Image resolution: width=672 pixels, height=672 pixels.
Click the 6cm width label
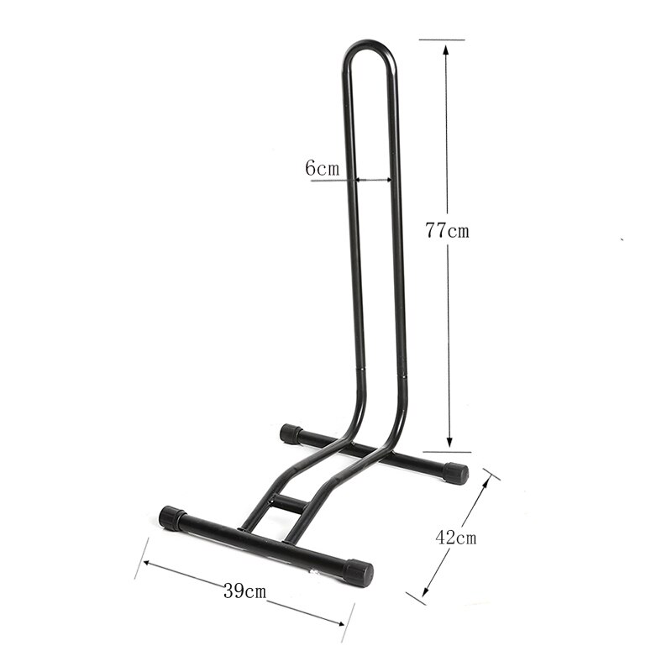pos(322,168)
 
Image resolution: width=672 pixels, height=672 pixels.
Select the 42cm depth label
pos(455,538)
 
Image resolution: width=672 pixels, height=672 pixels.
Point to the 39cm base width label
pos(244,591)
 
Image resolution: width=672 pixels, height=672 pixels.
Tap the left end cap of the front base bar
pos(172,517)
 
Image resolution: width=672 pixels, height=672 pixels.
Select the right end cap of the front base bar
pos(358,573)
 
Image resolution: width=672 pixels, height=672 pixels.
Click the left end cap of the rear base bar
pos(291,433)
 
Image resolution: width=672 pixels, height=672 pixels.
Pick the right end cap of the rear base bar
pos(455,473)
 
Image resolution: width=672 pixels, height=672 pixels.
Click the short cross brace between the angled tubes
pos(288,504)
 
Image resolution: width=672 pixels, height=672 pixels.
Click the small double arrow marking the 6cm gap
pos(373,179)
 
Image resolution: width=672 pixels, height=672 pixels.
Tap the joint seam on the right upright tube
pos(403,370)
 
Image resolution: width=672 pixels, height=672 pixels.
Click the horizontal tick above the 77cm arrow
pos(442,39)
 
